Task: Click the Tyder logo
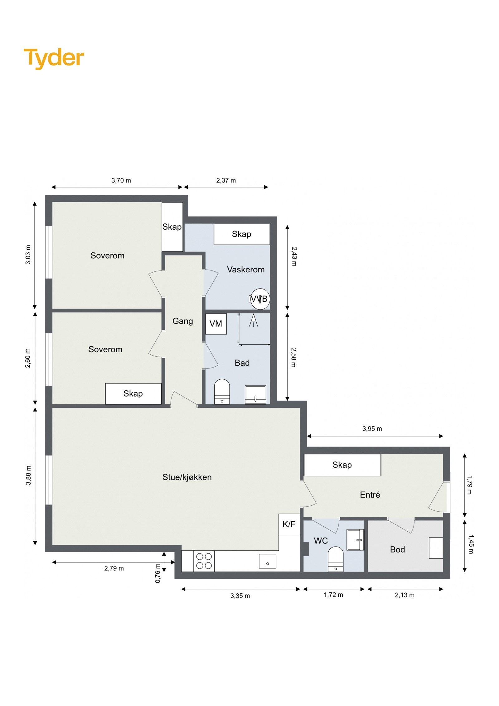pyautogui.click(x=54, y=58)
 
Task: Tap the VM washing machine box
pyautogui.click(x=216, y=324)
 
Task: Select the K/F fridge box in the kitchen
pyautogui.click(x=289, y=524)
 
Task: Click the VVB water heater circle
pyautogui.click(x=260, y=299)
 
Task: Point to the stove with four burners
pyautogui.click(x=204, y=561)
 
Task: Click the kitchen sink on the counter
pyautogui.click(x=267, y=561)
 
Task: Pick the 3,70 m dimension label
pyautogui.click(x=121, y=180)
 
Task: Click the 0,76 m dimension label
pyautogui.click(x=158, y=573)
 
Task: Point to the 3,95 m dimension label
pyautogui.click(x=372, y=429)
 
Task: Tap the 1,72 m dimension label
pyautogui.click(x=333, y=595)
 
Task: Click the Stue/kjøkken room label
pyautogui.click(x=187, y=477)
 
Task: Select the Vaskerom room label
pyautogui.click(x=245, y=270)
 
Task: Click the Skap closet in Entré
pyautogui.click(x=342, y=465)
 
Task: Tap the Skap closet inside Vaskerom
pyautogui.click(x=241, y=234)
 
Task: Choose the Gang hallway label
pyautogui.click(x=182, y=321)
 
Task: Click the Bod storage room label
pyautogui.click(x=397, y=549)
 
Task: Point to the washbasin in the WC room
pyautogui.click(x=355, y=540)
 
